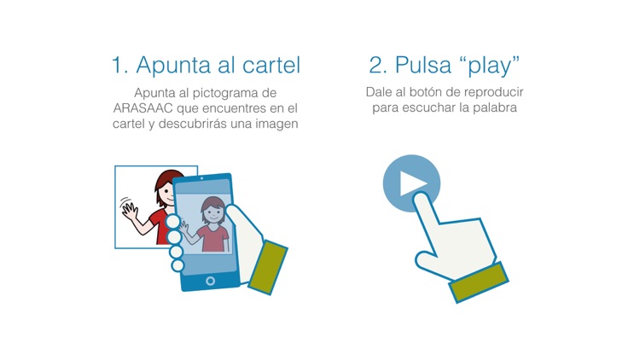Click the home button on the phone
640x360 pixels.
click(x=211, y=280)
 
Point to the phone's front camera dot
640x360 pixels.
click(x=201, y=178)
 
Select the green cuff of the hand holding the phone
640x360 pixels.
click(x=264, y=266)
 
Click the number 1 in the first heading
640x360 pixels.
click(x=118, y=66)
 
